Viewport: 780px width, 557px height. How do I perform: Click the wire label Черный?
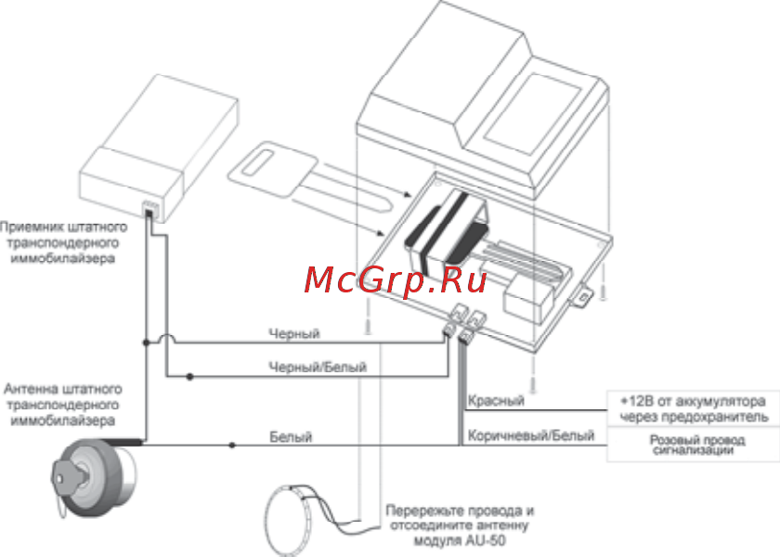point(294,333)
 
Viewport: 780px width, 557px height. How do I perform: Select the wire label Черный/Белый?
point(317,368)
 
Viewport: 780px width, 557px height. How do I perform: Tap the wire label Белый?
point(291,436)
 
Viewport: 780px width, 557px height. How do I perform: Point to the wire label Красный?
point(496,400)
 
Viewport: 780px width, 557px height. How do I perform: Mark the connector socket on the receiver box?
point(149,206)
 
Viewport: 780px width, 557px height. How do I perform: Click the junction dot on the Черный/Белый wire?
point(189,377)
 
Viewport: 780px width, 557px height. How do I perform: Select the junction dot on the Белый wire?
point(232,446)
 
